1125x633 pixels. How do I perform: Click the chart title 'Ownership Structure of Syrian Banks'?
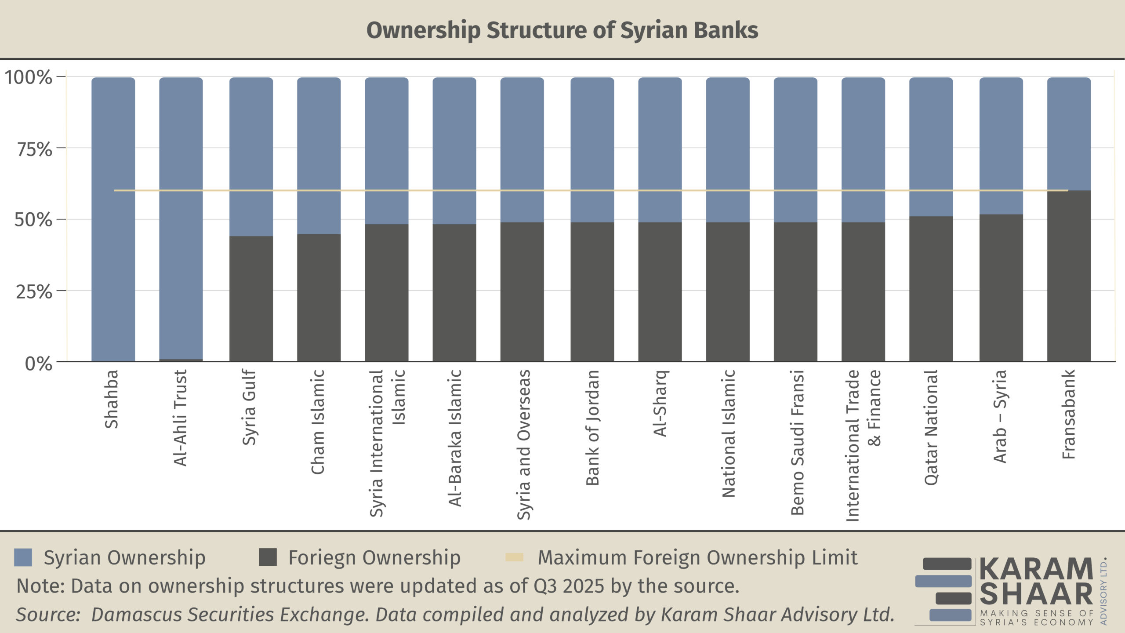562,30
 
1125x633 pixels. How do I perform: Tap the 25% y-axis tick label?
34,292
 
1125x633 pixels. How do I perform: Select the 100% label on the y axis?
29,77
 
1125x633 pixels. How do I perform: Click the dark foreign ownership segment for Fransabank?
1068,276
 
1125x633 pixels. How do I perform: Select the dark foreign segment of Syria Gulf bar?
251,299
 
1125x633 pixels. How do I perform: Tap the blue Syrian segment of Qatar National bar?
931,147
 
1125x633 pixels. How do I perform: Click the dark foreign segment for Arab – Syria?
1001,288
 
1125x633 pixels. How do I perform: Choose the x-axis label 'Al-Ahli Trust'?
181,418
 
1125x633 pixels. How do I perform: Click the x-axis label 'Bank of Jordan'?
592,427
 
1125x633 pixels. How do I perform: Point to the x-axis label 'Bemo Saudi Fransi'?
797,442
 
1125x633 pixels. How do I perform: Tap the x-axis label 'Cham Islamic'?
317,422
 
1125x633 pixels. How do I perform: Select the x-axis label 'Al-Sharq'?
660,403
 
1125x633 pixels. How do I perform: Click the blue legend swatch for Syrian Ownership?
23,557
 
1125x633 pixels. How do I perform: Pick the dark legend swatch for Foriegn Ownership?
268,557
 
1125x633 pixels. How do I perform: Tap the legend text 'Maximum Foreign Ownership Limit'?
697,557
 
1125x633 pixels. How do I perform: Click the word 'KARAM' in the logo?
1036,569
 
